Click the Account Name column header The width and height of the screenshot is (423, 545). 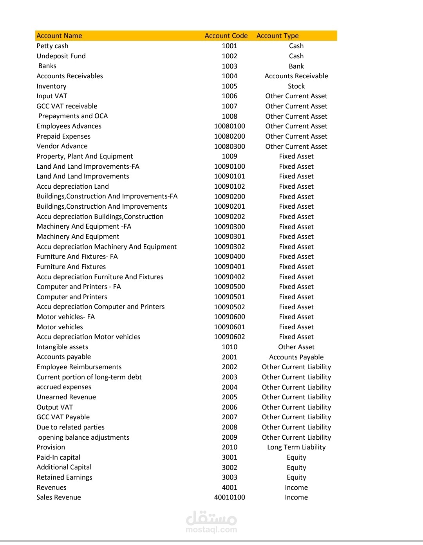[59, 36]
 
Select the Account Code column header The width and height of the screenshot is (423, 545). [226, 36]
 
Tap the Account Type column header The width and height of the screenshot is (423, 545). [277, 36]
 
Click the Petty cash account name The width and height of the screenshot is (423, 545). [52, 46]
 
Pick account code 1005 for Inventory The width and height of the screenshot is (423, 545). [230, 86]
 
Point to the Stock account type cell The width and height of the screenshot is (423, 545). [296, 86]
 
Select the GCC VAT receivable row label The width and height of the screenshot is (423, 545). [67, 106]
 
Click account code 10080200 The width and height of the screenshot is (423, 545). [230, 136]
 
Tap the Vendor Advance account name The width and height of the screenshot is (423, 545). [62, 146]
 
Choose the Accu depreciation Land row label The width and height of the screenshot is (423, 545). [72, 186]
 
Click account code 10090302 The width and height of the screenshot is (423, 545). [230, 247]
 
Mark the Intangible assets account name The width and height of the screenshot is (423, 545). [62, 347]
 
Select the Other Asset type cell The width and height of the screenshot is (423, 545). [296, 347]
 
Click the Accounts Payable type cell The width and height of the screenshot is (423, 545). [296, 357]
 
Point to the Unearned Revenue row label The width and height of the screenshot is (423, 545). [66, 397]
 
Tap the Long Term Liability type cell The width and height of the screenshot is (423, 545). [296, 447]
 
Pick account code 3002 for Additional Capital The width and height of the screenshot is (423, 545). [230, 467]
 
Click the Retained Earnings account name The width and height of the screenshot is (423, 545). [64, 477]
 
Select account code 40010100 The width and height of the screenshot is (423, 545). [230, 497]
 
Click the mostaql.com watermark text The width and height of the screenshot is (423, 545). [211, 530]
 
